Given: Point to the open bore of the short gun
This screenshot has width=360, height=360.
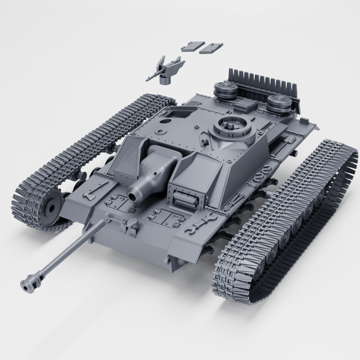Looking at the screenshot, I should [133, 195].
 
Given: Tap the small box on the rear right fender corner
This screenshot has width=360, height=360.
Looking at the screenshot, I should [304, 120].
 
